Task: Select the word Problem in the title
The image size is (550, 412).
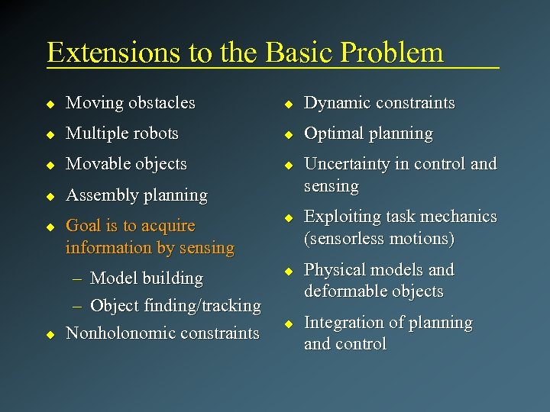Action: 392,52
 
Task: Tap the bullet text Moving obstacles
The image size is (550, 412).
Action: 130,102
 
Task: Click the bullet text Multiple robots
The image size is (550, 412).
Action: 122,133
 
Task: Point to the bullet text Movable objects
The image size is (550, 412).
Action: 126,164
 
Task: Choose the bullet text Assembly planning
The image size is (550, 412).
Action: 137,195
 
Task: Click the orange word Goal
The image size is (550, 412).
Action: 83,226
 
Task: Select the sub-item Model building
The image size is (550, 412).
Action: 146,278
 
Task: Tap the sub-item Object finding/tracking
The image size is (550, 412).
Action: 175,306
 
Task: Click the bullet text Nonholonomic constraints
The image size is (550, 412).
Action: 162,333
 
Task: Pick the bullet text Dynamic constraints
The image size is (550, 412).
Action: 379,102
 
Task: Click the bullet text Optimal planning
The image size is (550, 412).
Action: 368,134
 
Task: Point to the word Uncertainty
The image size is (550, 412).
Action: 348,164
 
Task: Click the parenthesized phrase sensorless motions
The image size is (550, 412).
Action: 380,239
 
